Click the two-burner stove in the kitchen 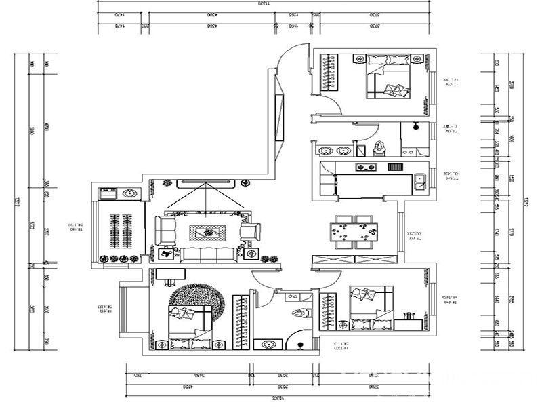(367, 166)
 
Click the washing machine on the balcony (107, 193)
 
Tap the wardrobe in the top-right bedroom (329, 74)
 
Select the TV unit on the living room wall (205, 182)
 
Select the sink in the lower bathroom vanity (267, 343)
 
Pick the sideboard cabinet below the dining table (354, 260)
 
